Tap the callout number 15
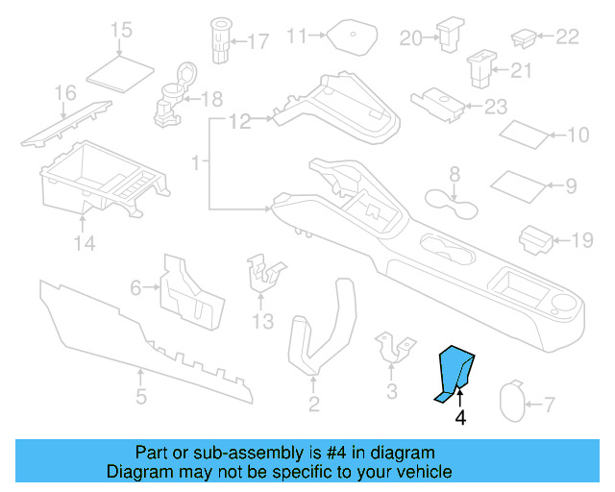click(x=121, y=31)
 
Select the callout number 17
click(x=258, y=41)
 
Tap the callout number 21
click(x=521, y=70)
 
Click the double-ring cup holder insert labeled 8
click(x=453, y=204)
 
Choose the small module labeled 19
click(x=534, y=240)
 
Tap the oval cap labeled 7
click(x=517, y=402)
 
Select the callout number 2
click(x=313, y=405)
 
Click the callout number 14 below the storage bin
click(x=86, y=244)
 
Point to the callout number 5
click(x=140, y=396)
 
